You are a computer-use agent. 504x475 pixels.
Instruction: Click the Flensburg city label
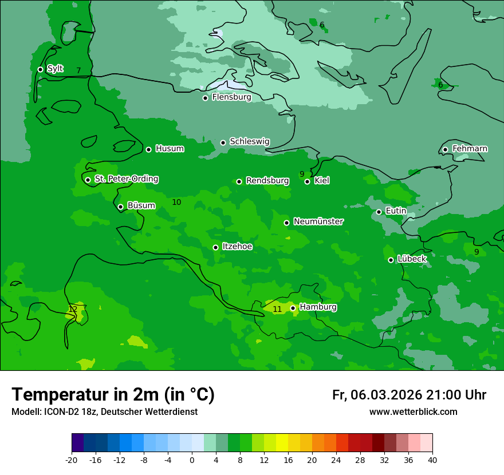[231, 97]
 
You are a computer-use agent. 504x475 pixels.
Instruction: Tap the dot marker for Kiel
[307, 181]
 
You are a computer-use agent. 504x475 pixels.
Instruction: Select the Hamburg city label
[318, 307]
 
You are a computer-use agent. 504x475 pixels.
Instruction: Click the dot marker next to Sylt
[40, 69]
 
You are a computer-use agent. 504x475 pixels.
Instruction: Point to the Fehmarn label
[470, 149]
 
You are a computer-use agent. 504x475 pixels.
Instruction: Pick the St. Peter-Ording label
[126, 179]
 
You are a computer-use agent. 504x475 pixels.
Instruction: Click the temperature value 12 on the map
[73, 309]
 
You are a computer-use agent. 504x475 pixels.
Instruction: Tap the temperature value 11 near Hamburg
[277, 309]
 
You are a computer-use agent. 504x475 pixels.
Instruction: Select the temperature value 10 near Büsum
[176, 202]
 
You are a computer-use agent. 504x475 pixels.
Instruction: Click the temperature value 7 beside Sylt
[78, 70]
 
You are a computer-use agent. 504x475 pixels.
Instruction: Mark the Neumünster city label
[318, 221]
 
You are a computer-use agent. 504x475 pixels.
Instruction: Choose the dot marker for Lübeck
[391, 260]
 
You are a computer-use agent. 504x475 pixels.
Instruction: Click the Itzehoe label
[237, 247]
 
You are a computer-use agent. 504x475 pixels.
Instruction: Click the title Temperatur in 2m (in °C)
[113, 394]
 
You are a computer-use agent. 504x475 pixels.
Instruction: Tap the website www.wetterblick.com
[413, 411]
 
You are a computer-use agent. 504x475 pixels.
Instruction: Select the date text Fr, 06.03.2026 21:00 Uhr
[409, 395]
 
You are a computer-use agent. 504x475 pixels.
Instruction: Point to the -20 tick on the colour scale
[72, 460]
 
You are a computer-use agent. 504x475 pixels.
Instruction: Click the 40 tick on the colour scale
[432, 460]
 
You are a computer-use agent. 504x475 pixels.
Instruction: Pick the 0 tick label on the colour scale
[192, 460]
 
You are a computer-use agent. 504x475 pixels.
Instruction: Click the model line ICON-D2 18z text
[104, 411]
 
